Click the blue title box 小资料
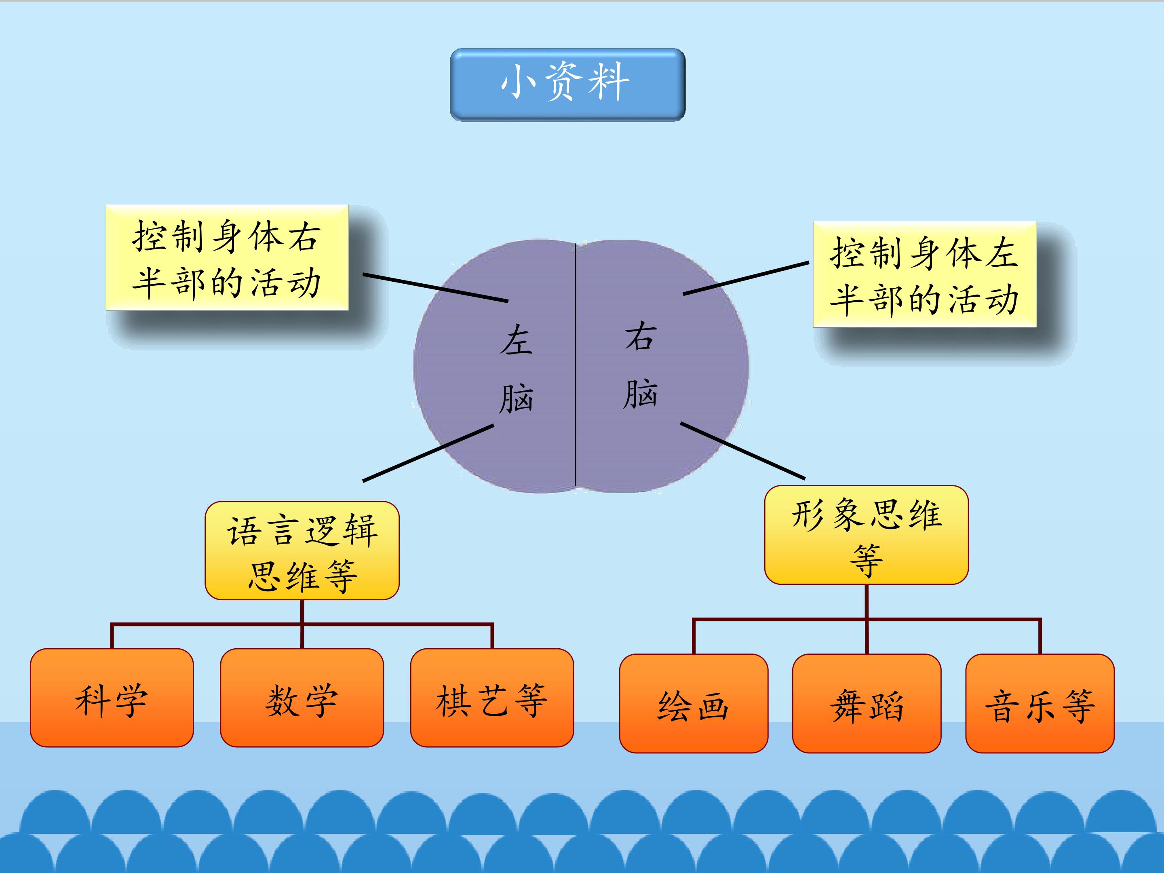click(568, 85)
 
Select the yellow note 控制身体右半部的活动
click(227, 257)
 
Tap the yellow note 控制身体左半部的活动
click(925, 274)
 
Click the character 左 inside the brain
click(516, 339)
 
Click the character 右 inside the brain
click(641, 337)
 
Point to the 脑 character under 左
click(516, 399)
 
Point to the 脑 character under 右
click(641, 394)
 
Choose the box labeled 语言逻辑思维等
click(302, 550)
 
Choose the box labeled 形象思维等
click(866, 535)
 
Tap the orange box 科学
click(112, 698)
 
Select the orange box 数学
click(302, 698)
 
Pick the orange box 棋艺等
click(492, 698)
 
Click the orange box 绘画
click(694, 704)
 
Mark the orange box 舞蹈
click(867, 704)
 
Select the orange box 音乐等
click(1040, 704)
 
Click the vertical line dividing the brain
click(576, 365)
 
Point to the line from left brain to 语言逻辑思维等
click(428, 453)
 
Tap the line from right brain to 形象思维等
click(742, 451)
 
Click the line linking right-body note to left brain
click(436, 287)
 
